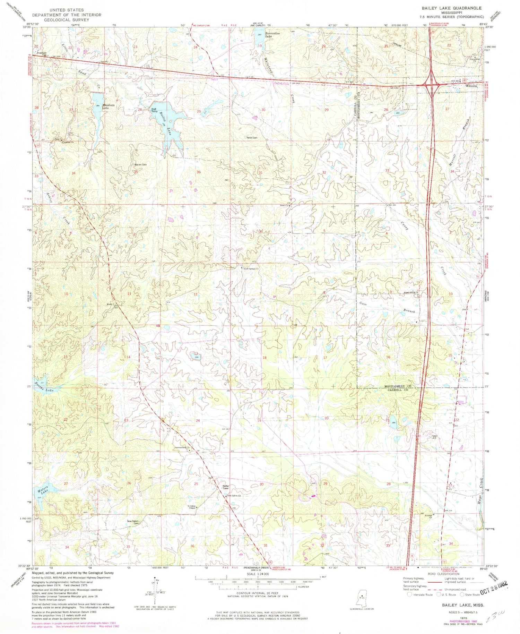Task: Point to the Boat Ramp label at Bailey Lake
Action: pos(154,110)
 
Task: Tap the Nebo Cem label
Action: pos(252,138)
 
